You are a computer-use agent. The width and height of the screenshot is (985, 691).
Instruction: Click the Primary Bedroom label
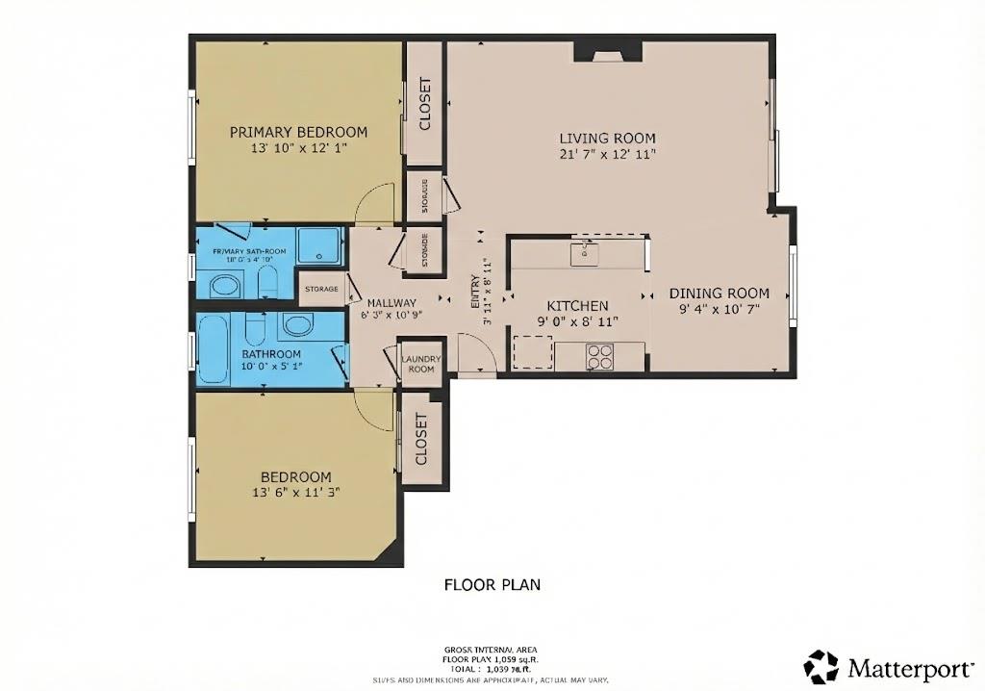click(298, 132)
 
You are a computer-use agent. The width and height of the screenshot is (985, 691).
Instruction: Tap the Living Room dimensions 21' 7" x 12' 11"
click(608, 154)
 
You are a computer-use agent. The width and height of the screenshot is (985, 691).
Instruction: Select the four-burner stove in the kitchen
click(600, 356)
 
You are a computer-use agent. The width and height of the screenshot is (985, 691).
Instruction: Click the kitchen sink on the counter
click(584, 253)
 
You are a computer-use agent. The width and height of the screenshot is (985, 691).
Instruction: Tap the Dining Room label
click(720, 294)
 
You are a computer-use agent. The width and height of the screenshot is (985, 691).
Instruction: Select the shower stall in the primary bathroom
click(317, 245)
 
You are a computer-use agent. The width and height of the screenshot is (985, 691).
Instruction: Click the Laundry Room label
click(421, 364)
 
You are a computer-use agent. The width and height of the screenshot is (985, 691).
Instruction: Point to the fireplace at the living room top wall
click(608, 51)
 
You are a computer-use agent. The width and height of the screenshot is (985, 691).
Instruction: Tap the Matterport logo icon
click(821, 667)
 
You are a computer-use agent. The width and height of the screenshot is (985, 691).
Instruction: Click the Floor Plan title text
click(492, 584)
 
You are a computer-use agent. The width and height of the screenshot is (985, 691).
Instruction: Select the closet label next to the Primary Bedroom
click(424, 104)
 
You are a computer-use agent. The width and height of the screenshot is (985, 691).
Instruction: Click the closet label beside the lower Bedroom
click(421, 440)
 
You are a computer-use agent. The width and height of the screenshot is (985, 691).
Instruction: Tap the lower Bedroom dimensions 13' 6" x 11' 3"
click(296, 492)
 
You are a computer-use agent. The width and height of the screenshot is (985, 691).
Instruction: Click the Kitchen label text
click(577, 305)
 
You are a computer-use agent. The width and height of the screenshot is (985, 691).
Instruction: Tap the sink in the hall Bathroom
click(297, 324)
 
